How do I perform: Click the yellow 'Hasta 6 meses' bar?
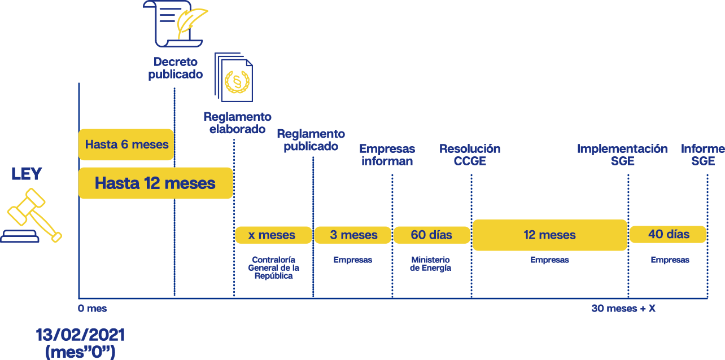[x=126, y=144]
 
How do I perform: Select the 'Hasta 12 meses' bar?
[x=155, y=183]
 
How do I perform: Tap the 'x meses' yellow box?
[x=273, y=235]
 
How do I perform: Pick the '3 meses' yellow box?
[x=353, y=235]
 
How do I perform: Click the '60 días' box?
[x=432, y=235]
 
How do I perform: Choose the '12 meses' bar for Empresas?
[x=549, y=235]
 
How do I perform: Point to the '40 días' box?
[x=668, y=234]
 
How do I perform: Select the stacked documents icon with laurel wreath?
[x=234, y=77]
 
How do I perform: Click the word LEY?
[x=27, y=174]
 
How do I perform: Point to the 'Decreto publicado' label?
[x=176, y=68]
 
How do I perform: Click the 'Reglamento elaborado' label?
[x=237, y=123]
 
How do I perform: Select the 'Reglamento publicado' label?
[x=311, y=140]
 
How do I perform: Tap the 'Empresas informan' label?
[x=387, y=155]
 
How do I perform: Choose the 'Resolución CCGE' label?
[x=470, y=155]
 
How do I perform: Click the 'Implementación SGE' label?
[x=622, y=155]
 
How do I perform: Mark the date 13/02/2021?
[x=80, y=335]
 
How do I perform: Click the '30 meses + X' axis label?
[x=623, y=309]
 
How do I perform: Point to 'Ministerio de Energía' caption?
[x=430, y=264]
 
